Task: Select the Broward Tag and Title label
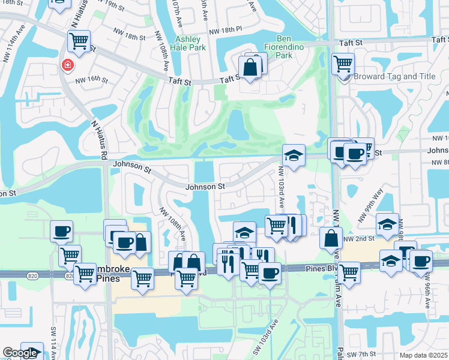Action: (394, 77)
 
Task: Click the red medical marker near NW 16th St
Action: (67, 65)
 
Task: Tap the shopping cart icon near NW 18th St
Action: (79, 41)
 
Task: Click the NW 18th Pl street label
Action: (225, 30)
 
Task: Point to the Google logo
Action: (20, 353)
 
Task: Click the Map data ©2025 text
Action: (424, 355)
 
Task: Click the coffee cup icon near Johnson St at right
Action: (355, 154)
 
